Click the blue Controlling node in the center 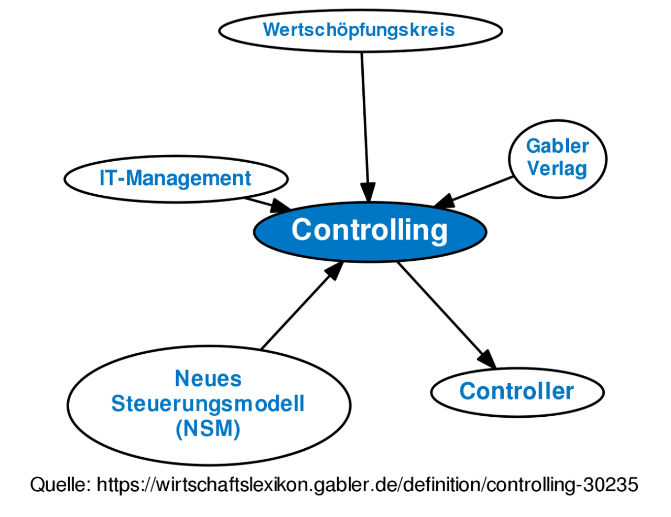[x=370, y=231]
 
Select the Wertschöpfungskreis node [x=360, y=30]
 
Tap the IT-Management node [x=176, y=178]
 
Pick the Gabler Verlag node [x=557, y=158]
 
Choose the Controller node [x=517, y=392]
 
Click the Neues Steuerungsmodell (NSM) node [x=208, y=404]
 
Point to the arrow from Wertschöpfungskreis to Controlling [x=364, y=121]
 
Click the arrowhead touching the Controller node [x=487, y=359]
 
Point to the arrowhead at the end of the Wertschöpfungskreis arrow [x=369, y=192]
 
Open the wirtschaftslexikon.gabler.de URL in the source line [x=367, y=484]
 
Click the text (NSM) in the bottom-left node [x=208, y=429]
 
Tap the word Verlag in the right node [x=557, y=169]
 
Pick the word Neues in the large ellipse [x=208, y=378]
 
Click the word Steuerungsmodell [x=208, y=404]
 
